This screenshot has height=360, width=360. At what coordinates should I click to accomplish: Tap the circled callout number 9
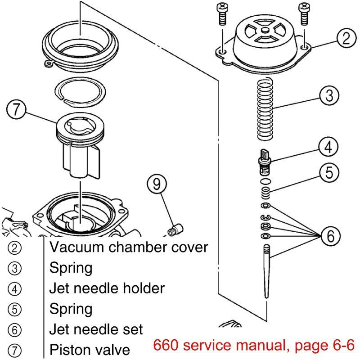tap(156, 183)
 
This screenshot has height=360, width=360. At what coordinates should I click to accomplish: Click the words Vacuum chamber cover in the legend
tap(129, 247)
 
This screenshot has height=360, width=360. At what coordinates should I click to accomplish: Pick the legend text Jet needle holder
tap(107, 288)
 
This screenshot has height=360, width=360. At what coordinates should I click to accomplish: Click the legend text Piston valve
tap(90, 349)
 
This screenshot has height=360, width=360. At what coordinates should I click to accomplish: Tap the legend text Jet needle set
tap(96, 329)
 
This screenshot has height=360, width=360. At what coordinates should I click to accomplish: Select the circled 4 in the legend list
tap(15, 289)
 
